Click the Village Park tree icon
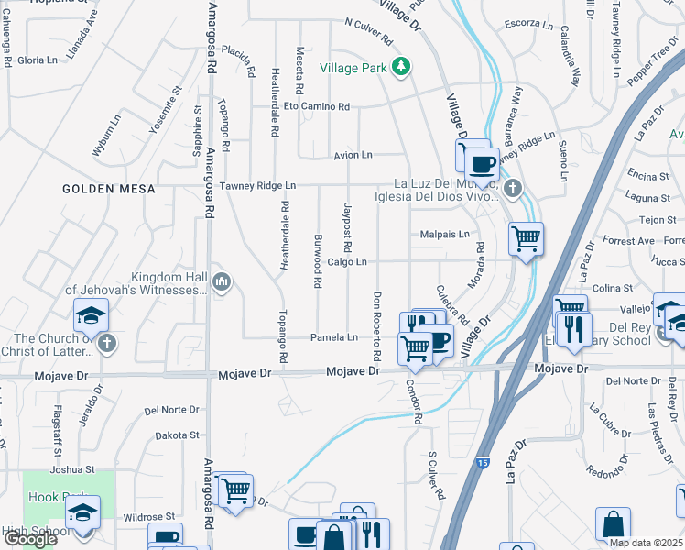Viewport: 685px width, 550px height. [400, 67]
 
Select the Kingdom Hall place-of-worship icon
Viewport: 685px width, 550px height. [221, 282]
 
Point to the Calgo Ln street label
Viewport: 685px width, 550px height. [346, 262]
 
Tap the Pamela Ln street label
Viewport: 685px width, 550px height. [334, 337]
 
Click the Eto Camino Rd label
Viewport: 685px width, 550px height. [317, 107]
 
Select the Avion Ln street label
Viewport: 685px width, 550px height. [353, 156]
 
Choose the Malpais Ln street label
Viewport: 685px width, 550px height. [444, 235]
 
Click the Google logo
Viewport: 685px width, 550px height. [30, 539]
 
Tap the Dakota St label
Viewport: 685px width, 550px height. [177, 435]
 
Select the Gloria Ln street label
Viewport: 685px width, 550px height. [38, 60]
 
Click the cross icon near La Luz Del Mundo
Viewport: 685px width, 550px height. [513, 190]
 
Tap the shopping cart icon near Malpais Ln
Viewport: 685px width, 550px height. [526, 238]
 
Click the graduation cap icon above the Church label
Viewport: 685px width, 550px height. [92, 315]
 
